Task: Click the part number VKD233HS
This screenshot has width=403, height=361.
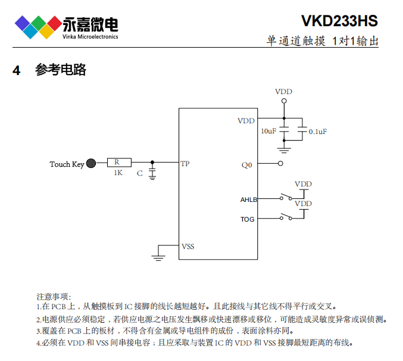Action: pyautogui.click(x=339, y=21)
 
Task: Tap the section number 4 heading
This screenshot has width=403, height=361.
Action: pyautogui.click(x=17, y=70)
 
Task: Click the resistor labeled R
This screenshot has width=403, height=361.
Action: pyautogui.click(x=118, y=162)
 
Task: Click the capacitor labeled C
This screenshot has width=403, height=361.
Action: pyautogui.click(x=152, y=172)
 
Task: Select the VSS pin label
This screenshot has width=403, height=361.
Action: pyautogui.click(x=188, y=246)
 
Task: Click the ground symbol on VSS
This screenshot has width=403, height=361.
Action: pyautogui.click(x=158, y=257)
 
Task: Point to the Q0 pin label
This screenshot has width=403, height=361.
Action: pyautogui.click(x=246, y=165)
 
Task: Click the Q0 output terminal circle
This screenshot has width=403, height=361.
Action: pyautogui.click(x=280, y=163)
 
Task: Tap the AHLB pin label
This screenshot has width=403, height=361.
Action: pyautogui.click(x=248, y=200)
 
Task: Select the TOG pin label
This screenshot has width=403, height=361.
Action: pyautogui.click(x=248, y=219)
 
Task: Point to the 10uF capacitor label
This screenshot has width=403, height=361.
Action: pyautogui.click(x=268, y=131)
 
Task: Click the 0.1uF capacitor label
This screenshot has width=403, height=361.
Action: pyautogui.click(x=317, y=131)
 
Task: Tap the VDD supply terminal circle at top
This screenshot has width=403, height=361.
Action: pyautogui.click(x=284, y=101)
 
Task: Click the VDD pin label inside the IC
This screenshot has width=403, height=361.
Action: pyautogui.click(x=246, y=121)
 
